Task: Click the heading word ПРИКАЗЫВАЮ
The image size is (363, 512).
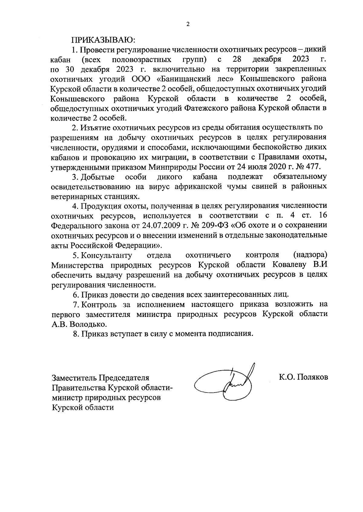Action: click(104, 39)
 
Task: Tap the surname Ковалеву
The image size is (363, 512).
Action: click(290, 265)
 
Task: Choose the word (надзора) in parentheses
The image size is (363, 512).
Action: click(310, 255)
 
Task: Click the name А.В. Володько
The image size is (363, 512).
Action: click(79, 324)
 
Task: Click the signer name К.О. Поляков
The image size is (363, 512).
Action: click(304, 377)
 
